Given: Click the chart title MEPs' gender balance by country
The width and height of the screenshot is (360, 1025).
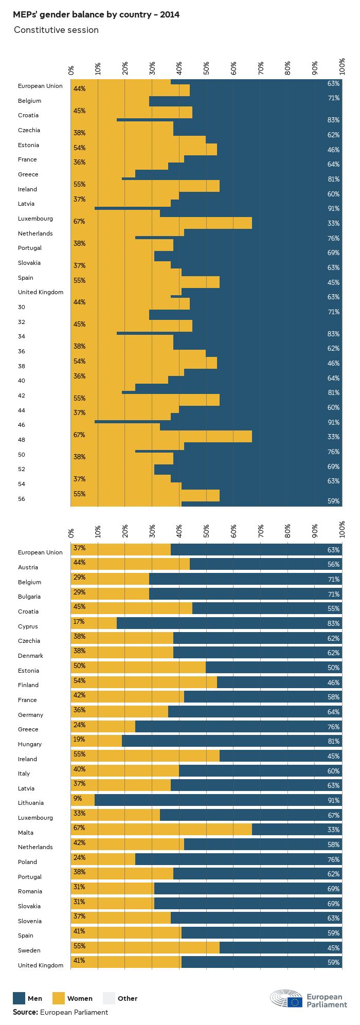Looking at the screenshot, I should pos(96,14).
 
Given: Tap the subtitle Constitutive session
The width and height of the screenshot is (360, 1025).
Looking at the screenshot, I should pos(56,30).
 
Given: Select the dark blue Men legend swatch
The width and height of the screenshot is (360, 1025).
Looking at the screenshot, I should pos(19,998).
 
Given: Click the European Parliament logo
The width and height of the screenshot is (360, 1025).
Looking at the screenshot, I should pos(309,998).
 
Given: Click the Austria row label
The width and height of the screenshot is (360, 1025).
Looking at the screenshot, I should pos(28,567).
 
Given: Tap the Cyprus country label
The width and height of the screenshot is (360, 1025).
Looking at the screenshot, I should pos(28,626).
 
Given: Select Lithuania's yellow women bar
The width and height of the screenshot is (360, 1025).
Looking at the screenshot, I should pos(83,800).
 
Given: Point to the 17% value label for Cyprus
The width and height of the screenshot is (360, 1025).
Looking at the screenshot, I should pos(79,622).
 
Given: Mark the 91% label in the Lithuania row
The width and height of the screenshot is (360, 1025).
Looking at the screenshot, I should pos(333,800).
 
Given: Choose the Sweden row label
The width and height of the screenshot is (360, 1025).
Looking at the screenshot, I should pos(29,950).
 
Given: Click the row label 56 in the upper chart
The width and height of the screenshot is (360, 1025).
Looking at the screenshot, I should pos(22,499).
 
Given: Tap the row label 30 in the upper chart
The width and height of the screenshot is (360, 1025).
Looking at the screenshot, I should pos(22,307).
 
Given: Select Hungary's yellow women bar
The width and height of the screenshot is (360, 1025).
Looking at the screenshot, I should pos(96,741).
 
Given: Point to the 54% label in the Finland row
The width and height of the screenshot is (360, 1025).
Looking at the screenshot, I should pos(79,681).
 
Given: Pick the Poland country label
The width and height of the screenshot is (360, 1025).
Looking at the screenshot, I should pos(27,862).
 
